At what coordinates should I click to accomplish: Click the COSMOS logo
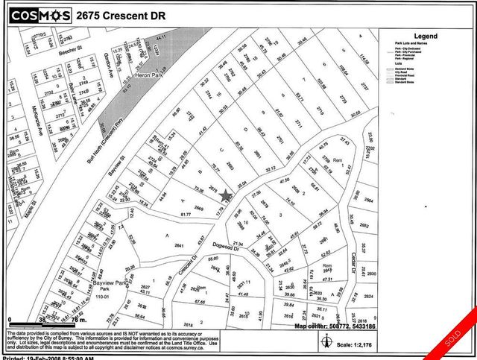click(x=42, y=14)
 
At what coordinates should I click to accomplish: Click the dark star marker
click(x=227, y=195)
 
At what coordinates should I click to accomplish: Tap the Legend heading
click(x=426, y=36)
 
